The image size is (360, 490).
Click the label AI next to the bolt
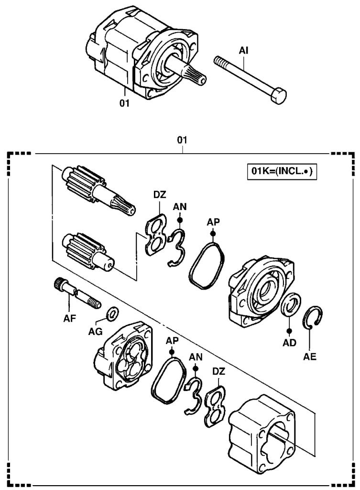click(x=244, y=49)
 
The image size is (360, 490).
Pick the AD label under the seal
click(x=289, y=342)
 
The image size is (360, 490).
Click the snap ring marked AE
click(x=314, y=317)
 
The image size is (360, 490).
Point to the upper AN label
click(x=180, y=207)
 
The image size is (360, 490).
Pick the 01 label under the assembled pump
click(x=124, y=102)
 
